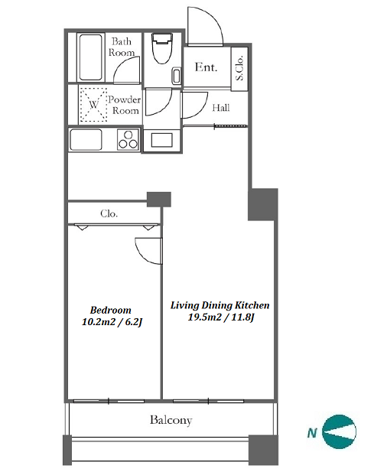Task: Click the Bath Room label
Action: point(122,47)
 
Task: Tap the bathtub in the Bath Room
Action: point(90,57)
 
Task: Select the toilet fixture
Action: point(162,48)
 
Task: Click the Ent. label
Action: point(206,67)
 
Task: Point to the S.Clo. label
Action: point(239,68)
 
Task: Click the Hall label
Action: point(221,107)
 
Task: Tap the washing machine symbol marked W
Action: point(93,105)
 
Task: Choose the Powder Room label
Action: point(125,105)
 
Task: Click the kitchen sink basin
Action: point(86,140)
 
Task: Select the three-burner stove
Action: point(128,139)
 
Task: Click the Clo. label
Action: point(109,213)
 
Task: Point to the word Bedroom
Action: point(111,310)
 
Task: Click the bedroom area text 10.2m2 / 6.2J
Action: point(112,322)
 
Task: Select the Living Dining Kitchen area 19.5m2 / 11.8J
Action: point(221,317)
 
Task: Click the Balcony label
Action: point(171,420)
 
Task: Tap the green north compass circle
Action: point(339,431)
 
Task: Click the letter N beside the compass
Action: point(312,433)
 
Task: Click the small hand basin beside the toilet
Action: point(177,76)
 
